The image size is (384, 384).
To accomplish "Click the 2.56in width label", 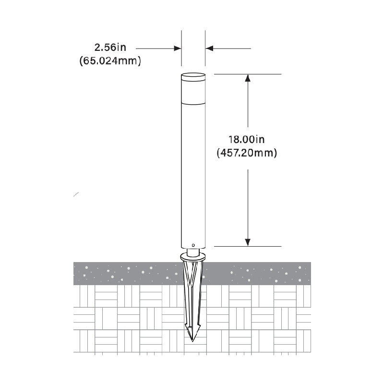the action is (110, 48).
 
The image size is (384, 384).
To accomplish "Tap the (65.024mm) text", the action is (110, 61).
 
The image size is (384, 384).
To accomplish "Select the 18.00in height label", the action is (247, 140).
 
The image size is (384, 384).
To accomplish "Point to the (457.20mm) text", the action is (247, 153).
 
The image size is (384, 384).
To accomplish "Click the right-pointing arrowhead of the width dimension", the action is (177, 48).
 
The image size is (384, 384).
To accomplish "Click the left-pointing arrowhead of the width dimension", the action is (209, 48).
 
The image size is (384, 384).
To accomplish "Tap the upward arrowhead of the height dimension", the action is (248, 78).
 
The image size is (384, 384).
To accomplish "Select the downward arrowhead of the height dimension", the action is (248, 242).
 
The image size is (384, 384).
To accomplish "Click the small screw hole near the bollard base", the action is (193, 245).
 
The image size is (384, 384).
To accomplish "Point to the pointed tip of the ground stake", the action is (192, 341).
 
